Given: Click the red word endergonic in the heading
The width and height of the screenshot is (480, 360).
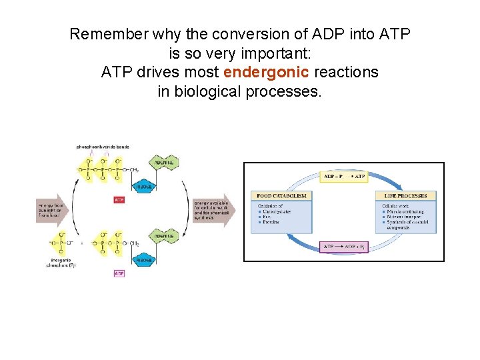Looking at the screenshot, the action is [x=266, y=72].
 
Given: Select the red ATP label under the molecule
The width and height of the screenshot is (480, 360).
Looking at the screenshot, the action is [x=119, y=199].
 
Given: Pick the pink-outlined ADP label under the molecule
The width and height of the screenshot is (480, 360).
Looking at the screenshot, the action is [x=119, y=273].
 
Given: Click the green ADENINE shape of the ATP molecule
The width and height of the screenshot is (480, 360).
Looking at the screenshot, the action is [x=164, y=163].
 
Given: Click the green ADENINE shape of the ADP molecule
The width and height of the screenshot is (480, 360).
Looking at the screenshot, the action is [x=164, y=236].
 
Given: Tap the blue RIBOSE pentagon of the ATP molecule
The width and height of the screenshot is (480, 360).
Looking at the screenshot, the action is [x=144, y=187].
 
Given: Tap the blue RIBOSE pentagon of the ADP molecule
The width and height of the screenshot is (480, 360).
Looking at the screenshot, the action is [x=144, y=259].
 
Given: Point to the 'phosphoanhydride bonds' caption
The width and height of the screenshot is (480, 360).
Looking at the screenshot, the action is [x=103, y=147].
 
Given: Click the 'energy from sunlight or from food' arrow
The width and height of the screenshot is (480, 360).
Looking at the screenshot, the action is [x=51, y=211].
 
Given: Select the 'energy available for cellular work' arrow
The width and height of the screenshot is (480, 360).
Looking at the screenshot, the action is [x=212, y=211].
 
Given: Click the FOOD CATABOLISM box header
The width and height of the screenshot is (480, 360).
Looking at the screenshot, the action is [x=281, y=196].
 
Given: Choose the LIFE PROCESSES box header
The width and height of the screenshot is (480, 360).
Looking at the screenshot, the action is [x=405, y=196].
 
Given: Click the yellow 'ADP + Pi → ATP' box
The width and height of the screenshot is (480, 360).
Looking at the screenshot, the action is [x=343, y=177].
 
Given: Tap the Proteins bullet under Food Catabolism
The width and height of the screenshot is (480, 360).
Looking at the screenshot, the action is [x=271, y=222].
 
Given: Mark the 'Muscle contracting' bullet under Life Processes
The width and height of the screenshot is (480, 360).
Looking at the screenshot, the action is [x=407, y=211].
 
